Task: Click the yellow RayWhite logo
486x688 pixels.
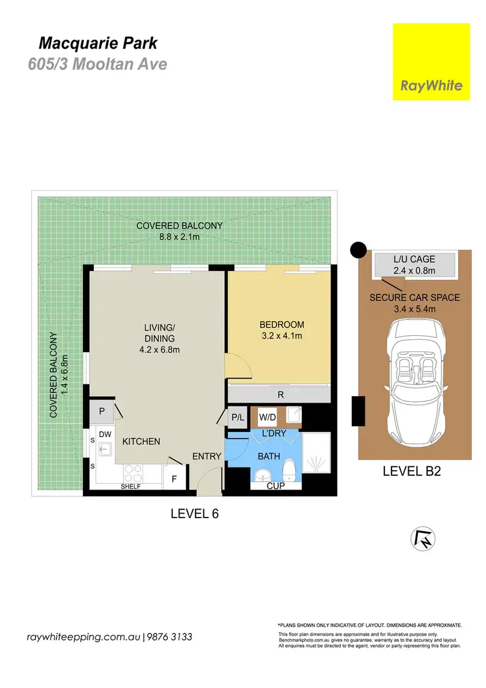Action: pyautogui.click(x=432, y=62)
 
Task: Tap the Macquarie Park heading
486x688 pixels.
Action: pyautogui.click(x=98, y=44)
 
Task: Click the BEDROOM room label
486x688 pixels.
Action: pyautogui.click(x=281, y=324)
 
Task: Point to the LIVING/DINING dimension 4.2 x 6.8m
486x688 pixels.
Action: pyautogui.click(x=159, y=350)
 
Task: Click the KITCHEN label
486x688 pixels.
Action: pyautogui.click(x=141, y=441)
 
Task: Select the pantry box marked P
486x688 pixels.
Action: pyautogui.click(x=102, y=410)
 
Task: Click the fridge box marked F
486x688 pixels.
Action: pyautogui.click(x=174, y=480)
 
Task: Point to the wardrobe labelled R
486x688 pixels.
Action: pyautogui.click(x=279, y=394)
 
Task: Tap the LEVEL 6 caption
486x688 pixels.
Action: pyautogui.click(x=194, y=514)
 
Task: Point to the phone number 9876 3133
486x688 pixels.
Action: pyautogui.click(x=169, y=637)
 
